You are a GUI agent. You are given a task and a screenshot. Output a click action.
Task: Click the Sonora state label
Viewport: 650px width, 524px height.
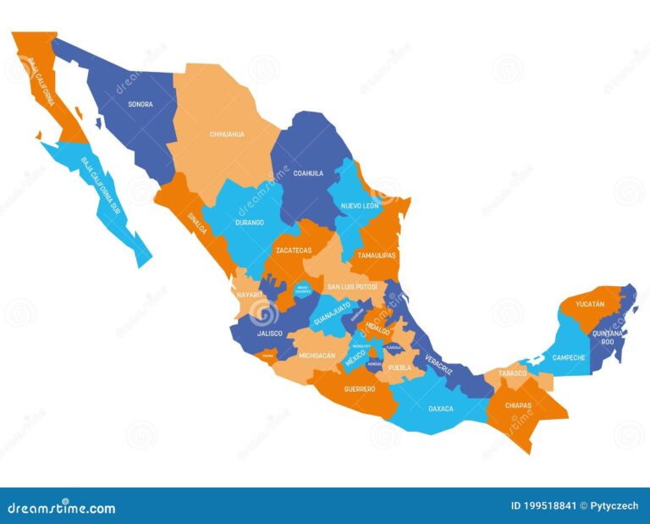(140, 104)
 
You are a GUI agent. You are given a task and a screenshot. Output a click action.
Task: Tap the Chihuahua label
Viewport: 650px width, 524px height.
(227, 134)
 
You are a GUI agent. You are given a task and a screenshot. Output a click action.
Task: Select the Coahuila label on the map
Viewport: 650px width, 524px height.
(308, 173)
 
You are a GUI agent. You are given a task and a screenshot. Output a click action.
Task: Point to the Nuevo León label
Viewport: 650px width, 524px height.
(360, 206)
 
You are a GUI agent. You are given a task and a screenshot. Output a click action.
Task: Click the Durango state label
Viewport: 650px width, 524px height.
(249, 223)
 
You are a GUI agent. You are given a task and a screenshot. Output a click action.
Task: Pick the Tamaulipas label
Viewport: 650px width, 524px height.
(377, 254)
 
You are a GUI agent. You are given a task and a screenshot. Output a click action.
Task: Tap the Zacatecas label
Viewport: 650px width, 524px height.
(293, 251)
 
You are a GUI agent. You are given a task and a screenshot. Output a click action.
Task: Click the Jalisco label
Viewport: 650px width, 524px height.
(269, 334)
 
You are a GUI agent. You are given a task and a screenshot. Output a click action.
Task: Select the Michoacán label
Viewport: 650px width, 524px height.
(317, 356)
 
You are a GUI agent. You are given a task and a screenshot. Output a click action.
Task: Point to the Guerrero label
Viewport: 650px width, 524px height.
(360, 389)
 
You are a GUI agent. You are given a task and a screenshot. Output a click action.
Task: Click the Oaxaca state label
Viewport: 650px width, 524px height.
(440, 409)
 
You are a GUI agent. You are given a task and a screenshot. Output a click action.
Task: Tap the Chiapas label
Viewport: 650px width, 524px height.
(518, 405)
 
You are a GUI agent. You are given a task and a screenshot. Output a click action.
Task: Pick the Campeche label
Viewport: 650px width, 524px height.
(570, 357)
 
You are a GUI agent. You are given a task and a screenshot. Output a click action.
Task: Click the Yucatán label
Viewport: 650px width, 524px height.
(590, 303)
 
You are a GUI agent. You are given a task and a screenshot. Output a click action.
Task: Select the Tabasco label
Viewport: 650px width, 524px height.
(512, 372)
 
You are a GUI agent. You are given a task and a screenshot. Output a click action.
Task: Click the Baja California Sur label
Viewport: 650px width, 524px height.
(101, 185)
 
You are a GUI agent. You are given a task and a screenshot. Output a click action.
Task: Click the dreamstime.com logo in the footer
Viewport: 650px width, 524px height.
(60, 508)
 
